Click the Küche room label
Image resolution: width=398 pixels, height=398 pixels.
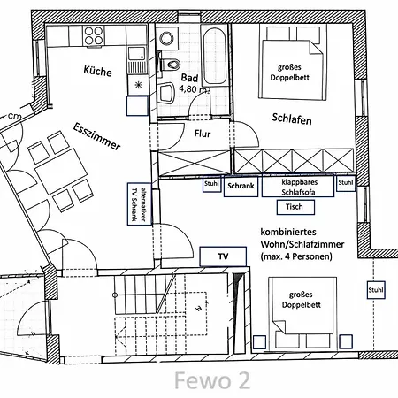point(97,71)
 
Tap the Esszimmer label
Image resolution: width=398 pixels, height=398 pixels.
point(96,136)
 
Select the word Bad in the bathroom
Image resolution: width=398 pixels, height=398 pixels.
point(189,78)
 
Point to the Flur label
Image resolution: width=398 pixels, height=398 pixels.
point(203,134)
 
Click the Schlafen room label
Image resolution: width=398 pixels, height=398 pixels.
point(292,119)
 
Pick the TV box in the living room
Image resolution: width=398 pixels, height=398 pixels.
point(223,256)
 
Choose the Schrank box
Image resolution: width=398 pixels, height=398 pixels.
point(241,186)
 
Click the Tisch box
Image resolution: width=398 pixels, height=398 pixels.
point(295,207)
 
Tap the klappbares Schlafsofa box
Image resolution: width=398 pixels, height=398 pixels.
point(298,187)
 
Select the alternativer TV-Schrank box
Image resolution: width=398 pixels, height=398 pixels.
point(140,204)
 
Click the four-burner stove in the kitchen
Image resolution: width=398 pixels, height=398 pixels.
point(94,35)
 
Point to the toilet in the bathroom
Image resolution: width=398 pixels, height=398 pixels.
point(170,64)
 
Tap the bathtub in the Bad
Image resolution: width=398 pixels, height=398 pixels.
point(214,55)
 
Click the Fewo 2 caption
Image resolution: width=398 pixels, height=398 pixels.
point(212,380)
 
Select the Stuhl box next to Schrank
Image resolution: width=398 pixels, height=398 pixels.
point(211,184)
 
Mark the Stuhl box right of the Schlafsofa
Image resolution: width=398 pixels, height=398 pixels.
point(346,183)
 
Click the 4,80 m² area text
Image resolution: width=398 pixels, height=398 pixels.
point(195,89)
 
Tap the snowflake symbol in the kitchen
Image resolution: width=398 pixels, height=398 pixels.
point(138,85)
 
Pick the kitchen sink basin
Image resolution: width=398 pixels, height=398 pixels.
point(137,53)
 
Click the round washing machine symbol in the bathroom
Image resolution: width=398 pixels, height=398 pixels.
point(166,39)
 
